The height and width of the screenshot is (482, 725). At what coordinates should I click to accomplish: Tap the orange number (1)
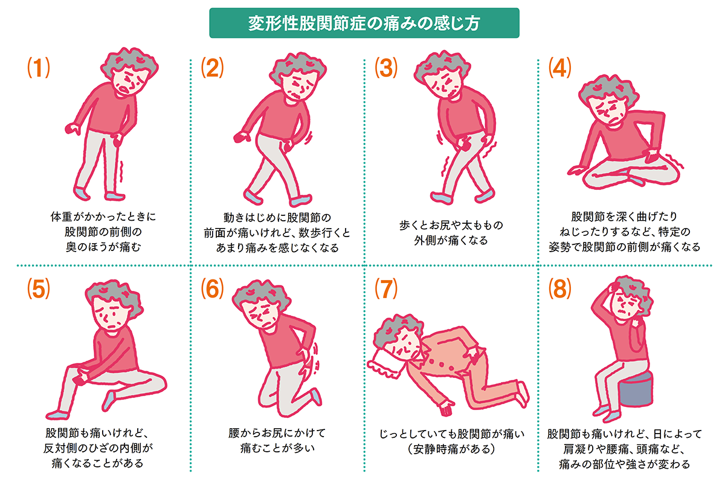[38, 68]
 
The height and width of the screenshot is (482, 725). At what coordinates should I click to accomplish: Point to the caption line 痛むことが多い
[279, 449]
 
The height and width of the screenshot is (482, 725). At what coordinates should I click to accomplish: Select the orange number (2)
[212, 68]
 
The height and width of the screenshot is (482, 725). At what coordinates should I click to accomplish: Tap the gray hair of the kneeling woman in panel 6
[257, 296]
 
